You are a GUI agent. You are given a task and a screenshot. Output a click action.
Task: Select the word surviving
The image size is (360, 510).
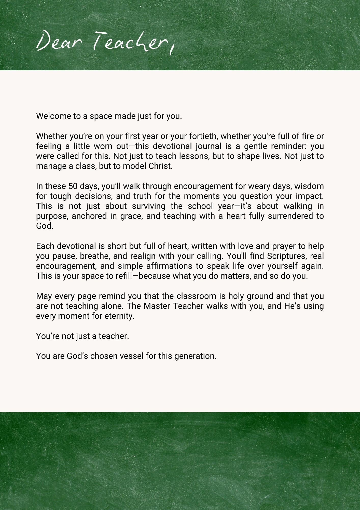tap(149, 206)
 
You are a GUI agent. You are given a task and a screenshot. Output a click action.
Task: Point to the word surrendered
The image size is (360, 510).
tap(290, 216)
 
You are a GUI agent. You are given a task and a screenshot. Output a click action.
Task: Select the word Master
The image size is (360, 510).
tap(157, 306)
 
